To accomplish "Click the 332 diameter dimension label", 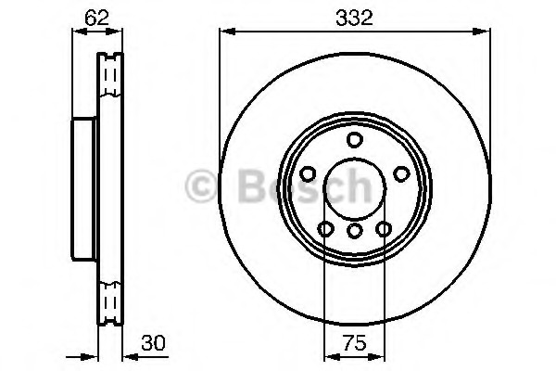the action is [x=354, y=19].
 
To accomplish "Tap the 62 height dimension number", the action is [x=96, y=18].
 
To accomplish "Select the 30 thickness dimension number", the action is [x=153, y=343].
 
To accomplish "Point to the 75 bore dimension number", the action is [x=355, y=343].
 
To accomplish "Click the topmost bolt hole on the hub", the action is [x=354, y=139].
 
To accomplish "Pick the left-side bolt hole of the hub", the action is [x=308, y=174].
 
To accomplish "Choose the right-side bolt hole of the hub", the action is [x=402, y=174].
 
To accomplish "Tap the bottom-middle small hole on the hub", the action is [x=354, y=231].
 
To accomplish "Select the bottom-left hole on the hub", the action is [x=325, y=229].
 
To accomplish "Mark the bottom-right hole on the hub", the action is [x=384, y=229].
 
